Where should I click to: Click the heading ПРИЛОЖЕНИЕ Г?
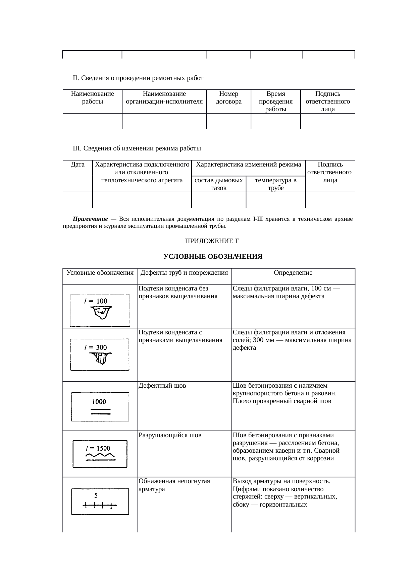pos(212,241)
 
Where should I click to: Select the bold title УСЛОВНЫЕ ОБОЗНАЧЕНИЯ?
pos(213,257)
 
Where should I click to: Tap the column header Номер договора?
pos(228,97)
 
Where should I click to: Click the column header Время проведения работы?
pos(275,101)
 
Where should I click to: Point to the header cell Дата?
pos(77,165)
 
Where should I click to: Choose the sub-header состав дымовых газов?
pos(218,184)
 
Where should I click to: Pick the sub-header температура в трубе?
pos(275,184)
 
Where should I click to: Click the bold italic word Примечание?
pos(90,219)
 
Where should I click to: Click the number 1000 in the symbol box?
pos(99,402)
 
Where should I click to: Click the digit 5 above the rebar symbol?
pos(96,495)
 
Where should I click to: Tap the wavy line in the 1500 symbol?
pos(100,456)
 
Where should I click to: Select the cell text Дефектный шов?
pos(162,386)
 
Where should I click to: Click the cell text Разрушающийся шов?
pos(170,435)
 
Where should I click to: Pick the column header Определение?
pos(293,273)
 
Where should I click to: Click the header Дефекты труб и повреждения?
pos(184,273)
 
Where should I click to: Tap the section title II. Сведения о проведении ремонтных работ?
pos(138,78)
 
